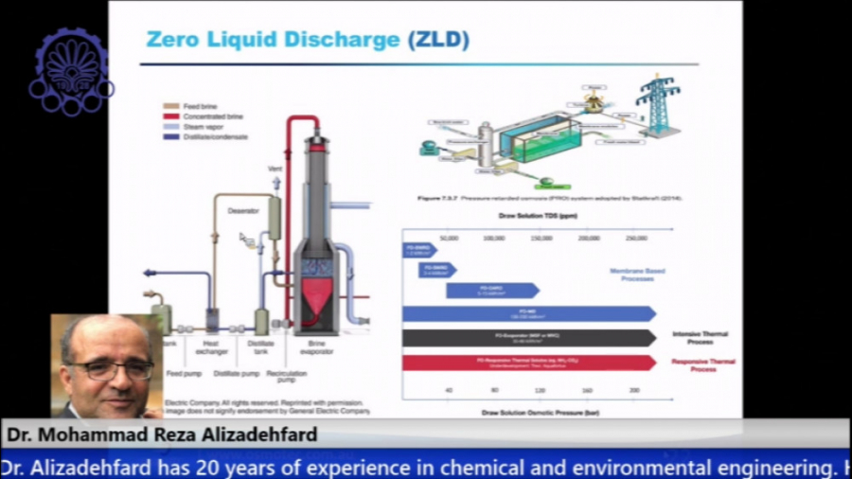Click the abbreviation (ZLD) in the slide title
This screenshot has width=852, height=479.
tap(438, 40)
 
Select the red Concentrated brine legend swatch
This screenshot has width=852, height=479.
tap(171, 115)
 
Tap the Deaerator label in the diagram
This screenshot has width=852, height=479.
tap(244, 211)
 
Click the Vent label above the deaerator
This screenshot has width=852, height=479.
tap(275, 169)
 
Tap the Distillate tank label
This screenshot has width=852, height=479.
tap(261, 347)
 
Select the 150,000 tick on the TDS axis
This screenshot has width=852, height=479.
tap(541, 238)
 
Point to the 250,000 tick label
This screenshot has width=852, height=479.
tap(636, 238)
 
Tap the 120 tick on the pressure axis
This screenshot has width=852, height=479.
tap(541, 390)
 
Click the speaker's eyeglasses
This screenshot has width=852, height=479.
tap(111, 368)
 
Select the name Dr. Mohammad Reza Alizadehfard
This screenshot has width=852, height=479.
tap(162, 435)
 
